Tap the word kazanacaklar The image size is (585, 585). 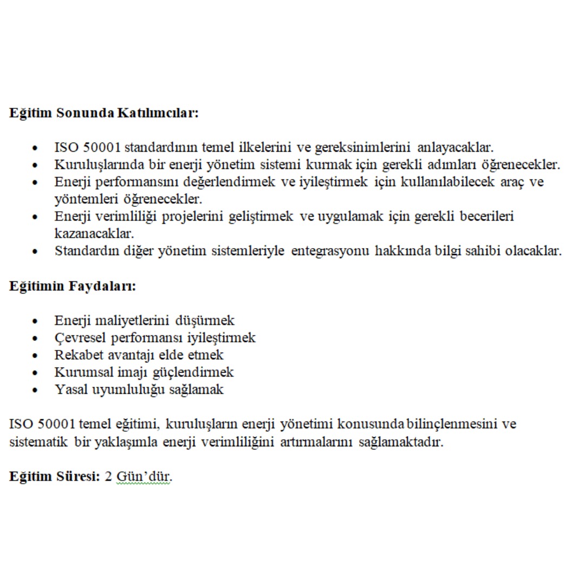pos(94,234)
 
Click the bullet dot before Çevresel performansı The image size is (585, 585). pos(36,339)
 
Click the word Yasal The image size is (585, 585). pos(71,390)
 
